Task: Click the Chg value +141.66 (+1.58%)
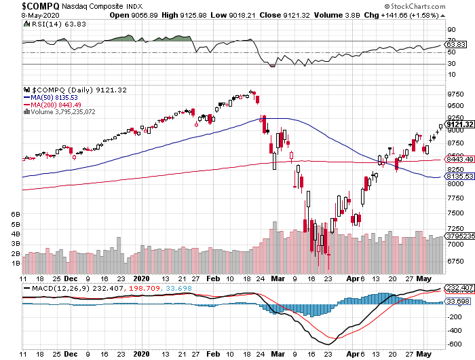click(x=434, y=16)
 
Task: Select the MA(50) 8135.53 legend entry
click(x=57, y=97)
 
